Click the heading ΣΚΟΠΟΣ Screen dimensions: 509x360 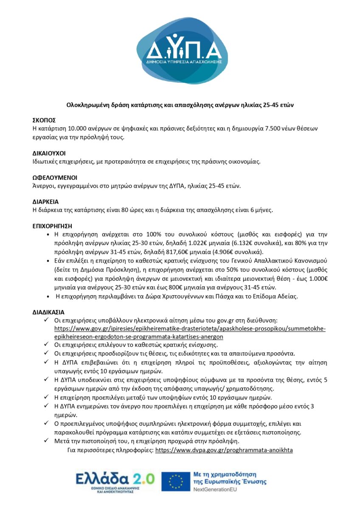(44, 120)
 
